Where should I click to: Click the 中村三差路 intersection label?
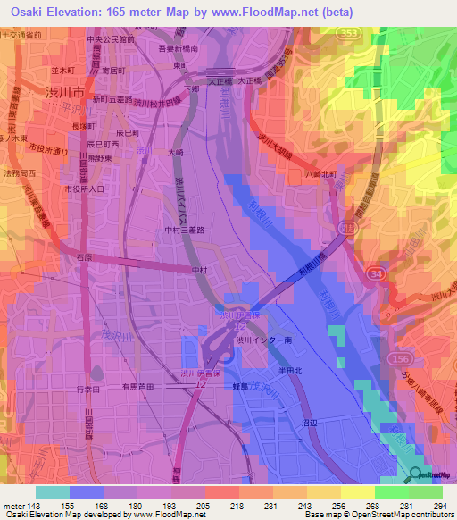186,229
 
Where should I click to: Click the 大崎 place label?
177,153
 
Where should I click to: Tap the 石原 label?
83,257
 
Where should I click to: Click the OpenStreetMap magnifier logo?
417,474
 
